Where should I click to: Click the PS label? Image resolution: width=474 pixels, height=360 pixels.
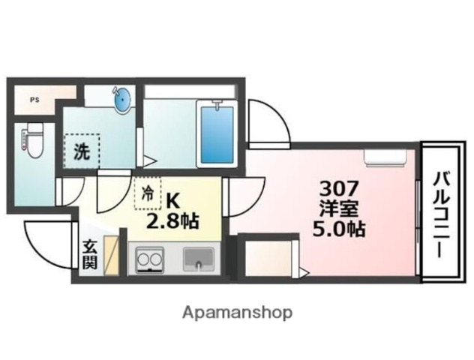click(34, 100)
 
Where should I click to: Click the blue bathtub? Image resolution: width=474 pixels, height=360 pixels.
click(217, 134)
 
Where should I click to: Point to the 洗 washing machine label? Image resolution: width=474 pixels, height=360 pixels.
click(82, 151)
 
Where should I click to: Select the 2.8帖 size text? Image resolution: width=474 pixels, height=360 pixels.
click(172, 221)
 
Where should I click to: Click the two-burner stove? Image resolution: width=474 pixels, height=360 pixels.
click(149, 259)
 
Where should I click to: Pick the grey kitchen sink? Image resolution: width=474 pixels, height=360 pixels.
click(199, 259)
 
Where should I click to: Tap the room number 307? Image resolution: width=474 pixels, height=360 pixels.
click(339, 188)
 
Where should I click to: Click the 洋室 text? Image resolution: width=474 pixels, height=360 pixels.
click(339, 209)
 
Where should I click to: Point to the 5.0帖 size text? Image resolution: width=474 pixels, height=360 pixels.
click(339, 229)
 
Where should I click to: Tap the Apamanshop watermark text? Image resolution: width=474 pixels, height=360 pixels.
click(237, 313)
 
